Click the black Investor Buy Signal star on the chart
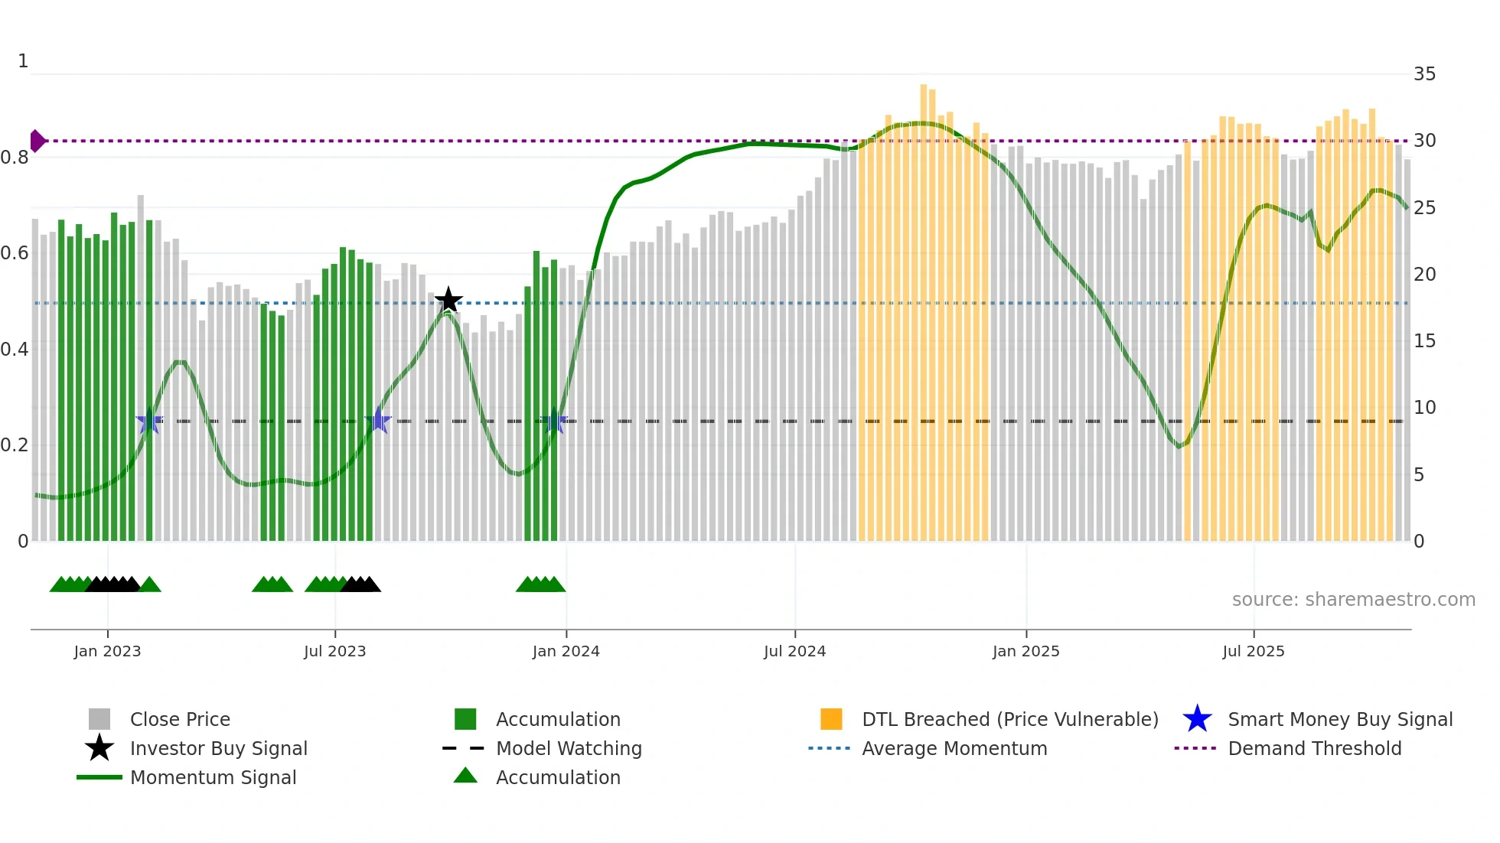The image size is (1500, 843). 448,300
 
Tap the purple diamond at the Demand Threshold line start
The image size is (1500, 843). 37,141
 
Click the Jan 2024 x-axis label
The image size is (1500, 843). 566,651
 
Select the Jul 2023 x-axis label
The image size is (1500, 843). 334,651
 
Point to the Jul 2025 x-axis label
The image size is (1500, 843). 1253,651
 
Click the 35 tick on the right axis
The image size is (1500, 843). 1424,74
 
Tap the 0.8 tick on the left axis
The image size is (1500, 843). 15,158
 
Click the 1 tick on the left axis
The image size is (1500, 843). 23,61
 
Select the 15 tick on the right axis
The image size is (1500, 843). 1424,341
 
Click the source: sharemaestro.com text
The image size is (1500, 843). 1353,599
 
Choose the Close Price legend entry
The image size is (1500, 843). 180,719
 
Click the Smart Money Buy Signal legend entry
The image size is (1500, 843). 1339,719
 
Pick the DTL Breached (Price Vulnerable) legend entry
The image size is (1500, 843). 1009,719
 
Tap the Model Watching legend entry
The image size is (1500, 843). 568,748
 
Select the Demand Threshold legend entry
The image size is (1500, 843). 1314,748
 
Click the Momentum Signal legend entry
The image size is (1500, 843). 213,777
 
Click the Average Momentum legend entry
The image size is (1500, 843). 954,748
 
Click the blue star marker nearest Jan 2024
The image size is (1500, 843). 554,421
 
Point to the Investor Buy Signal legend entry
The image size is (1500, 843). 218,748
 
